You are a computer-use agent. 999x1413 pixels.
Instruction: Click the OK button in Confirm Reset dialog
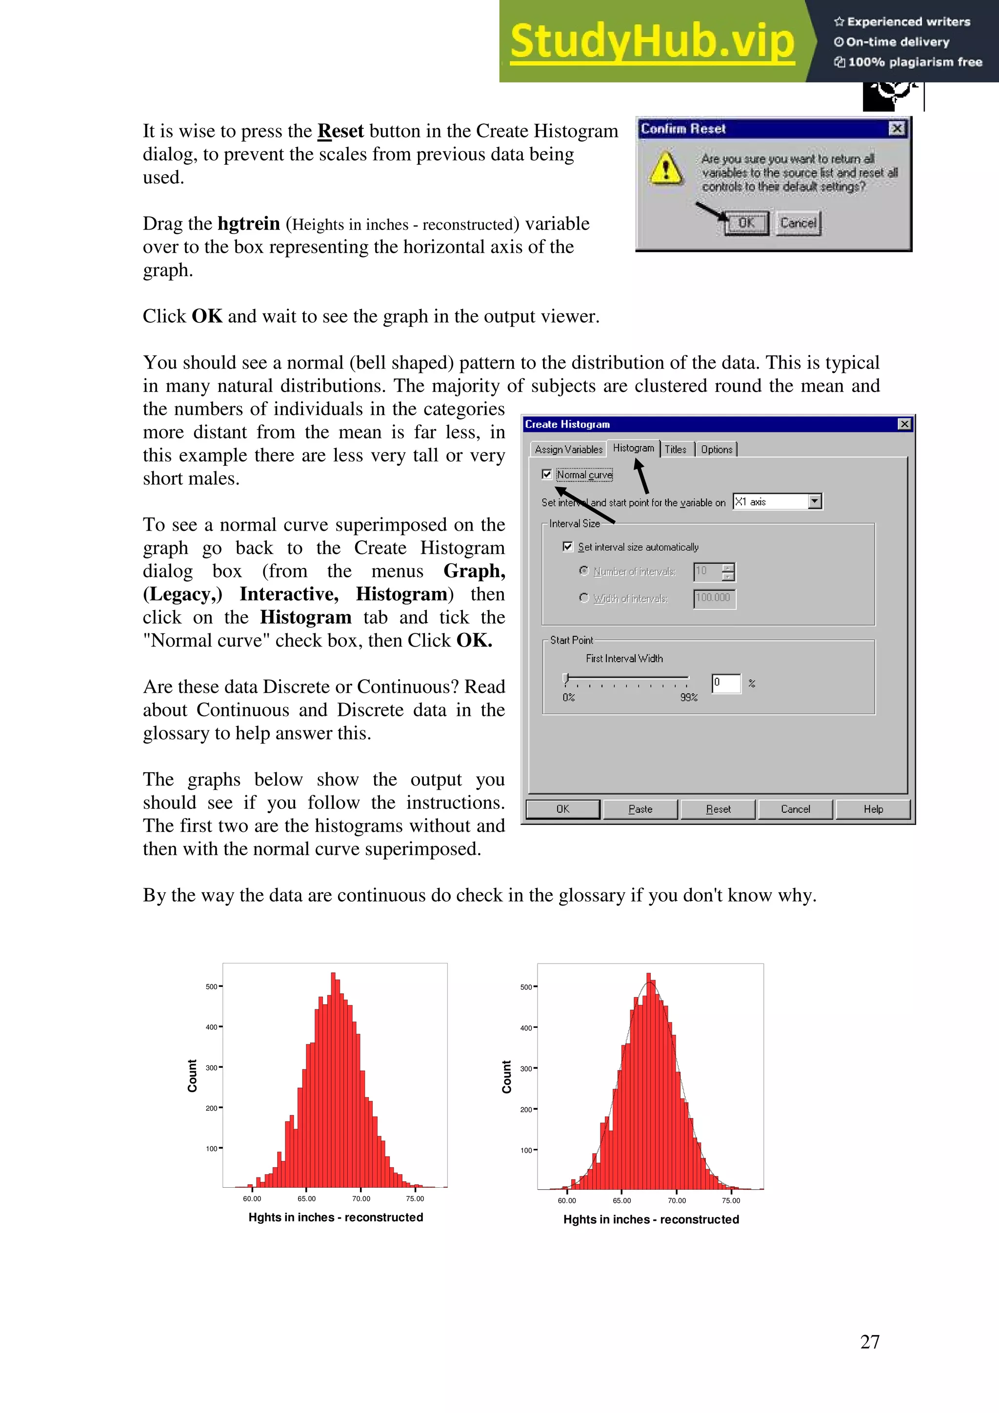(x=746, y=223)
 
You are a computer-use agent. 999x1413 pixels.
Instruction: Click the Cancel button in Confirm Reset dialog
(x=798, y=223)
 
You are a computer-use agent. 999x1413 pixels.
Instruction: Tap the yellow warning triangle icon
(x=665, y=169)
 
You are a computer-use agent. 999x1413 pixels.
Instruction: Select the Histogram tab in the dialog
(x=633, y=448)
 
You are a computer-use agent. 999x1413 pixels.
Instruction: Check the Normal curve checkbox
(x=547, y=474)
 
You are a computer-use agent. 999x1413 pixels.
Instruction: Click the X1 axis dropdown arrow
(x=814, y=502)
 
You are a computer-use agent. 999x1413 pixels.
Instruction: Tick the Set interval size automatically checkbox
(x=567, y=547)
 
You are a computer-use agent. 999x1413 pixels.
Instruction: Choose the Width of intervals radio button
(x=583, y=598)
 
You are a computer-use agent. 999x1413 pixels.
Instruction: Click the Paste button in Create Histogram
(x=640, y=809)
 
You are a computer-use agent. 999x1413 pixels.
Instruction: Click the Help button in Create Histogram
(x=873, y=809)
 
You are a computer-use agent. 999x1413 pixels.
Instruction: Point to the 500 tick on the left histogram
(x=212, y=986)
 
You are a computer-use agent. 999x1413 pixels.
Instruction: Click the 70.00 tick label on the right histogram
(x=677, y=1201)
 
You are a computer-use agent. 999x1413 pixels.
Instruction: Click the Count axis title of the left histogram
(x=192, y=1076)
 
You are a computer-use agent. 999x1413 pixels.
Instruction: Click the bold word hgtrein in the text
(x=249, y=223)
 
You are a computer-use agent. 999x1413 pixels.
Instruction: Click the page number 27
(x=869, y=1342)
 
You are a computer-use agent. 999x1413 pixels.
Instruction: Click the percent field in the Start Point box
(x=726, y=683)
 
